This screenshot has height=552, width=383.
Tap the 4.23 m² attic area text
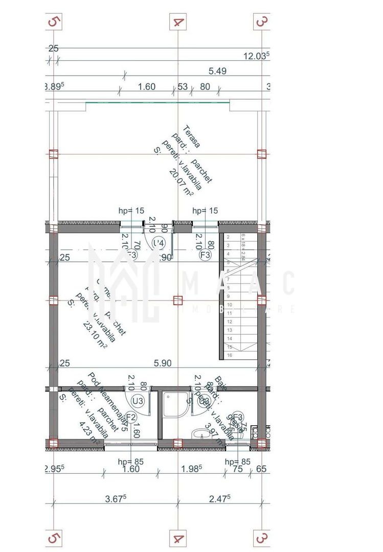89,432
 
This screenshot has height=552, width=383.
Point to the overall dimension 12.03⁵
256,56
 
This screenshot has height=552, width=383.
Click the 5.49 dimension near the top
217,71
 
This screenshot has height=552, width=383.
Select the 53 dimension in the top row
183,86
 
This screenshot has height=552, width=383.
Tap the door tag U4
160,242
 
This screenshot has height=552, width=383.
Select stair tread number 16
230,355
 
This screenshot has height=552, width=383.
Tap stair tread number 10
230,304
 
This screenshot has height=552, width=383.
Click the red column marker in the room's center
177,300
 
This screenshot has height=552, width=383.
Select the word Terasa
192,137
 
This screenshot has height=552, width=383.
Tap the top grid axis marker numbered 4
178,21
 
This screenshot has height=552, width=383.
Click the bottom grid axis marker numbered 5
53,538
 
